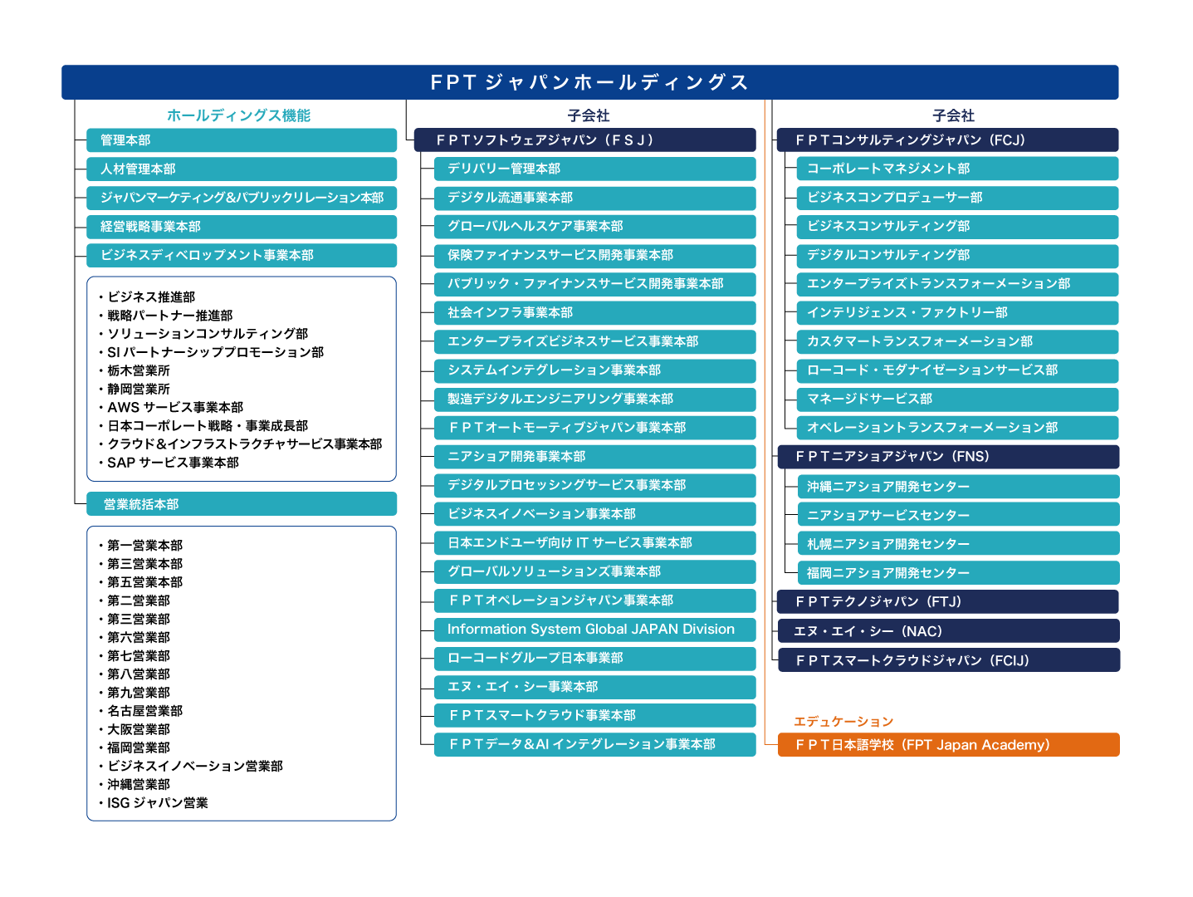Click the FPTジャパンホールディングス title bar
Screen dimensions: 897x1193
point(589,82)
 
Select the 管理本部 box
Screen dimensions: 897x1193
point(242,140)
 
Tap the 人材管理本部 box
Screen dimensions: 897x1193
point(242,169)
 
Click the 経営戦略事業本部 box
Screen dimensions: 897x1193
point(242,227)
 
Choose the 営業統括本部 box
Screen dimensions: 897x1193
point(242,504)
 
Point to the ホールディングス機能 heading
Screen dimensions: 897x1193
point(238,115)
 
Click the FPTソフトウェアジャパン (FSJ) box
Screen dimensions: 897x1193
point(584,140)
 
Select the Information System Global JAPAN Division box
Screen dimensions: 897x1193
point(594,630)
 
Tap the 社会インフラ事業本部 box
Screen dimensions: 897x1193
point(594,313)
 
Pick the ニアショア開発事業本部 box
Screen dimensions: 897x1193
point(594,457)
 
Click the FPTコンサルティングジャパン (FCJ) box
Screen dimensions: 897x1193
point(947,140)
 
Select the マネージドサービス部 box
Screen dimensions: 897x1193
point(957,399)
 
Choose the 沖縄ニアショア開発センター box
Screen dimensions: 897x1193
point(957,487)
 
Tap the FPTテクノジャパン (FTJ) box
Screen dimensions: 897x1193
point(947,601)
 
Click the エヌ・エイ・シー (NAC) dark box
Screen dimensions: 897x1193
point(947,631)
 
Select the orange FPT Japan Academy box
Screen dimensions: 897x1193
point(948,745)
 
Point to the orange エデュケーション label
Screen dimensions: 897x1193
point(843,721)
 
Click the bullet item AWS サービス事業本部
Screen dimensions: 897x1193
point(175,408)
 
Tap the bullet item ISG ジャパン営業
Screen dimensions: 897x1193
point(157,803)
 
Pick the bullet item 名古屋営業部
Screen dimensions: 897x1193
point(144,711)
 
